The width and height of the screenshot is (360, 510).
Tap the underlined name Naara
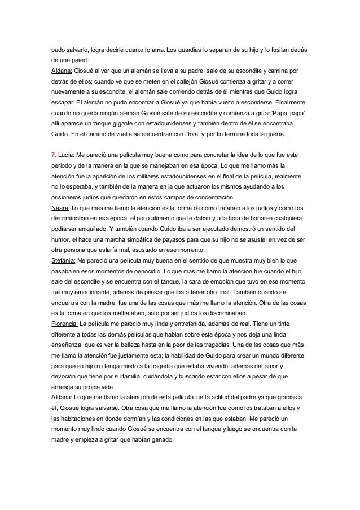click(x=60, y=208)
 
